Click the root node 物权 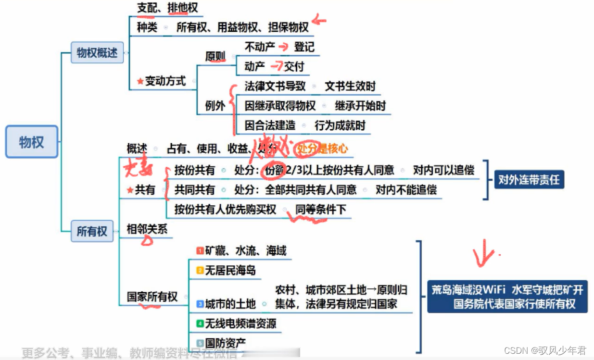point(32,142)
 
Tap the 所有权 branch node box point(91,231)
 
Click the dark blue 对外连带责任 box point(529,180)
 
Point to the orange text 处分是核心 point(323,149)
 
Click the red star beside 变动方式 point(140,81)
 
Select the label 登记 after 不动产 point(304,47)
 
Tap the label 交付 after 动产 point(293,66)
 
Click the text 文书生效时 point(350,87)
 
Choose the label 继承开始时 point(360,106)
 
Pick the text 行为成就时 point(340,125)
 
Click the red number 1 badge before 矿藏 point(200,250)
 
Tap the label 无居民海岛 point(230,270)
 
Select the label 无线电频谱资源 point(240,323)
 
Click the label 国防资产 point(225,343)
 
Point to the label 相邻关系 point(147,229)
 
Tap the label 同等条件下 point(321,209)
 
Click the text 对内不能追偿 point(406,189)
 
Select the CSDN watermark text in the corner point(545,350)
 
